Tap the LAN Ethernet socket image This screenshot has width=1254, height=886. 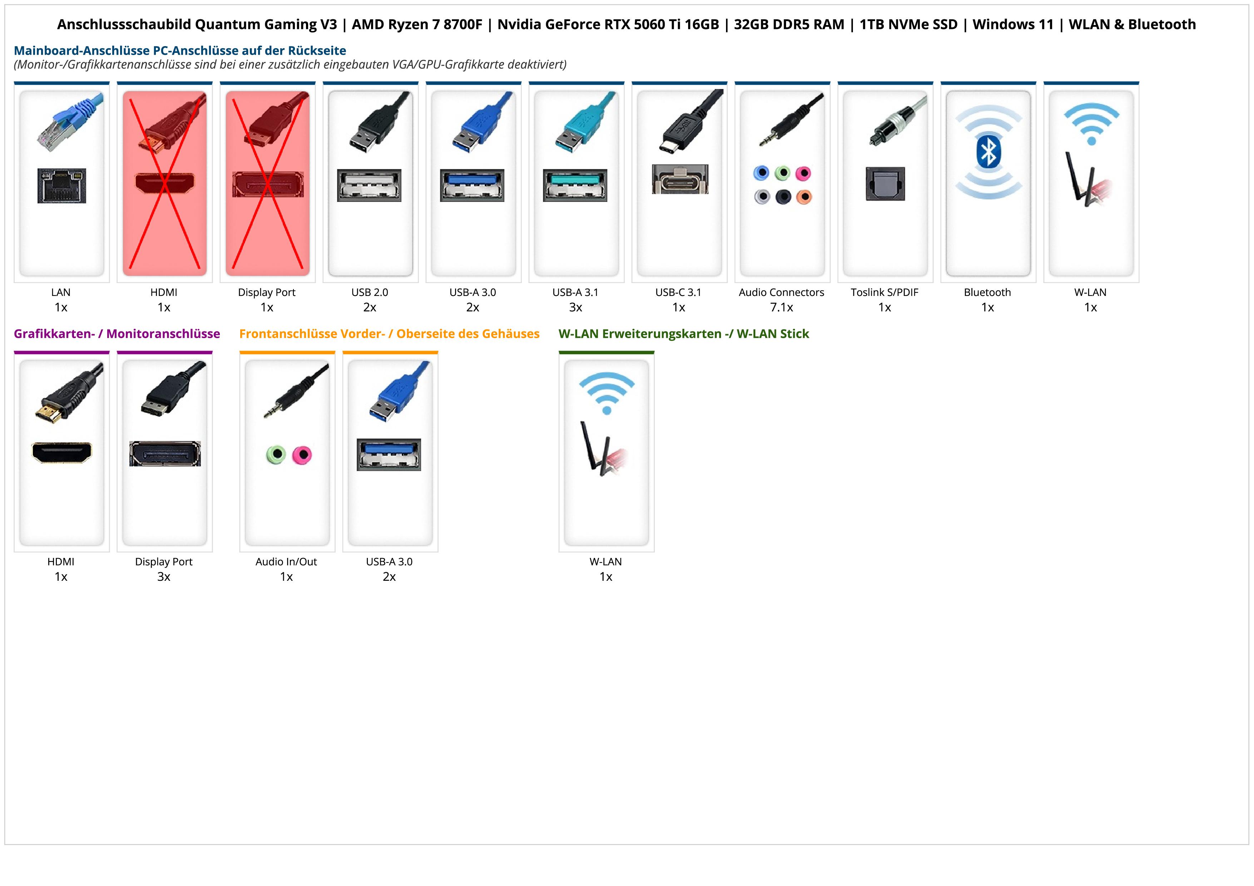click(62, 185)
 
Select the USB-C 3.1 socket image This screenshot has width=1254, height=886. click(680, 179)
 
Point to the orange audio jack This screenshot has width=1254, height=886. click(804, 197)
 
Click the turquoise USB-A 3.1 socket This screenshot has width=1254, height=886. click(574, 185)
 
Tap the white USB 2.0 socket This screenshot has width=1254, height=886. click(369, 185)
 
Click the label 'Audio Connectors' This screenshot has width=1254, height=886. click(781, 293)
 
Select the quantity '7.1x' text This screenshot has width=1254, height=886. click(781, 307)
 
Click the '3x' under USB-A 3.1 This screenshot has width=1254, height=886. click(576, 307)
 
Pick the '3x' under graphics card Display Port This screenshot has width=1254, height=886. click(164, 577)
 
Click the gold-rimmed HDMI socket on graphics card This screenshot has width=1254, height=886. click(62, 452)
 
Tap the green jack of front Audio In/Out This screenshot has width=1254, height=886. click(276, 454)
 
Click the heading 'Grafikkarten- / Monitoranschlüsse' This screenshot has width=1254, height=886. click(117, 334)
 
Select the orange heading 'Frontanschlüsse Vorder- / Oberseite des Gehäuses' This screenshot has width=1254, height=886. click(389, 334)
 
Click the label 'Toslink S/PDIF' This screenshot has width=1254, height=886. click(884, 293)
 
